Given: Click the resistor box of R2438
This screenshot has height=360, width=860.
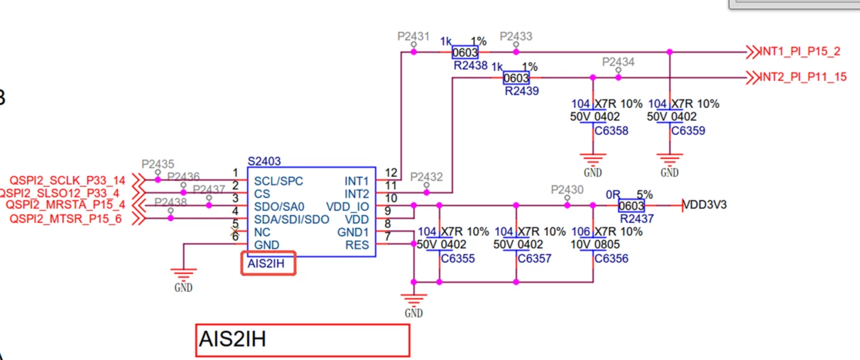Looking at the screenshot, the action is click(x=465, y=53).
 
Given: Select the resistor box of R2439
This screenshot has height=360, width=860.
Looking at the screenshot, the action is click(x=516, y=78).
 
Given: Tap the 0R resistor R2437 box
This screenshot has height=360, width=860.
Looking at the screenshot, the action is click(x=631, y=206).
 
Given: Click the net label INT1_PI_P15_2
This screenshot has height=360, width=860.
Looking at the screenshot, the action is click(x=800, y=51).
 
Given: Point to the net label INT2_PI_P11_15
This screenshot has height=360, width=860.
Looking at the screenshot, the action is click(x=803, y=77).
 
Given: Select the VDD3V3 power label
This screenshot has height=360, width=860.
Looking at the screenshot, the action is click(x=704, y=205).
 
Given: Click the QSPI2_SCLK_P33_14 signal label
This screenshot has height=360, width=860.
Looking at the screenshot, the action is click(x=67, y=180).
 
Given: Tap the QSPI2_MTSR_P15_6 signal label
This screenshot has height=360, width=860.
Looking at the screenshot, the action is click(x=65, y=219).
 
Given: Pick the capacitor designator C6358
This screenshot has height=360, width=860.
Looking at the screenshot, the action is click(x=611, y=131).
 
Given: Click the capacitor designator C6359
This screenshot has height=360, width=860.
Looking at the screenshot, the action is click(x=688, y=131).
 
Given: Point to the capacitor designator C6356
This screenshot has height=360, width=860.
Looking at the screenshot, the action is click(x=611, y=258).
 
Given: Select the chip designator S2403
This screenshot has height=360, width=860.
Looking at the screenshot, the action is click(x=264, y=161).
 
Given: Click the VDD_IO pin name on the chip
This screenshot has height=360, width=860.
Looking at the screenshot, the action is click(x=347, y=207).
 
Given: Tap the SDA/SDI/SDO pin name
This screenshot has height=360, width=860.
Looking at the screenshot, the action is click(x=291, y=219).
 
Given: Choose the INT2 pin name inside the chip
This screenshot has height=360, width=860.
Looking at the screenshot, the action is click(x=356, y=194).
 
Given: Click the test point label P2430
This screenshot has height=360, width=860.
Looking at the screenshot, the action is click(x=567, y=190).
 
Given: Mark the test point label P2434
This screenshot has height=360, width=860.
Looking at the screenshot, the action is click(x=618, y=62).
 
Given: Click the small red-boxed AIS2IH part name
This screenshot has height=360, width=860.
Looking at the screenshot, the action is click(x=266, y=263).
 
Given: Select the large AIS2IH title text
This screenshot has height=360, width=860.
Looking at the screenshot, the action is click(x=233, y=339).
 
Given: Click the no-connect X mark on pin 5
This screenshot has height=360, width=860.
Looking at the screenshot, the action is click(x=234, y=231).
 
